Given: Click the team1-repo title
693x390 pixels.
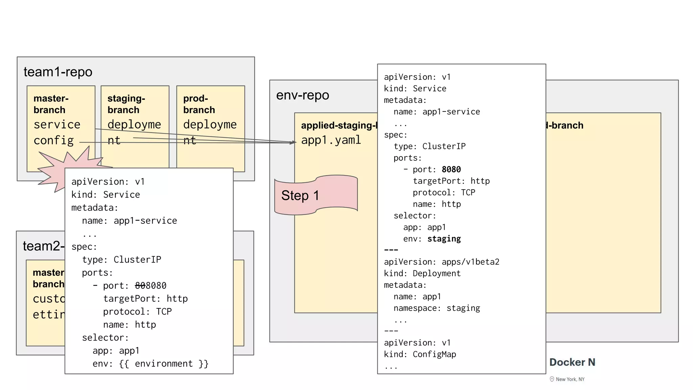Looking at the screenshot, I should (x=58, y=72).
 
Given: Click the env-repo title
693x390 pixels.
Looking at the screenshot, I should (x=303, y=95).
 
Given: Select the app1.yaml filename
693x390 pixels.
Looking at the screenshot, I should (x=331, y=140).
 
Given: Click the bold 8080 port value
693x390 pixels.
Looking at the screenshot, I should (x=451, y=170).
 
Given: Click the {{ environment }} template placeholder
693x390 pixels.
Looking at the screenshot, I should (x=164, y=364).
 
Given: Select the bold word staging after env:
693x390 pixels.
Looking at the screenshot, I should (x=444, y=239).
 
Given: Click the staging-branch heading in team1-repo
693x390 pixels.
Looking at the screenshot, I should (x=126, y=104).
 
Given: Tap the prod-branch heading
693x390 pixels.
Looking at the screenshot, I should (x=199, y=104).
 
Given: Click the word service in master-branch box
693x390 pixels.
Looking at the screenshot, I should (x=57, y=125).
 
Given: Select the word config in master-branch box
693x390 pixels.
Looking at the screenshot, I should (x=53, y=140).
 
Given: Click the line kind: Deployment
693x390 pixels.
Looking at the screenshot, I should (x=422, y=274).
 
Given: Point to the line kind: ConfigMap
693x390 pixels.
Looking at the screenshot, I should (x=420, y=354).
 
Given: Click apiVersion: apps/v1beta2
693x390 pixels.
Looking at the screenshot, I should (x=441, y=262).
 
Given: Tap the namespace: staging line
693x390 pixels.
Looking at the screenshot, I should (x=437, y=308).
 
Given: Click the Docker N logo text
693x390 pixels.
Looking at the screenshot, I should (x=572, y=362).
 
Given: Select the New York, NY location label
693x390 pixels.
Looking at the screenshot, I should (x=569, y=379).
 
